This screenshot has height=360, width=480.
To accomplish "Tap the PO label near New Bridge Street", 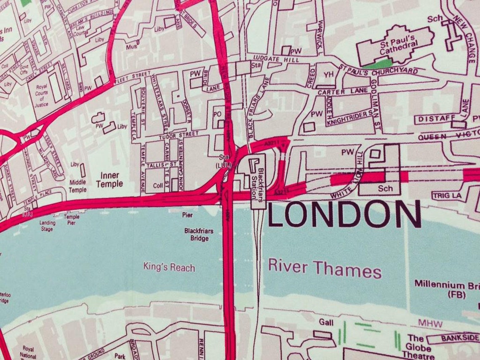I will coord(217,114).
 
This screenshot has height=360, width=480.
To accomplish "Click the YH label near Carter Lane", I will coord(328,75).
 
